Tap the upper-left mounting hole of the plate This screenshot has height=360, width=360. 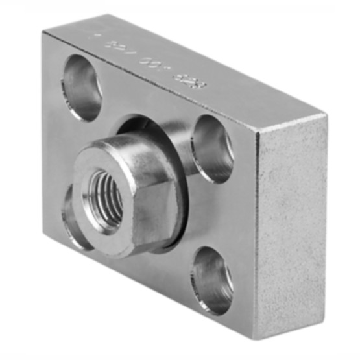coord(82,87)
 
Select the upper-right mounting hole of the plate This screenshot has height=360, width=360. coord(213,149)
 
